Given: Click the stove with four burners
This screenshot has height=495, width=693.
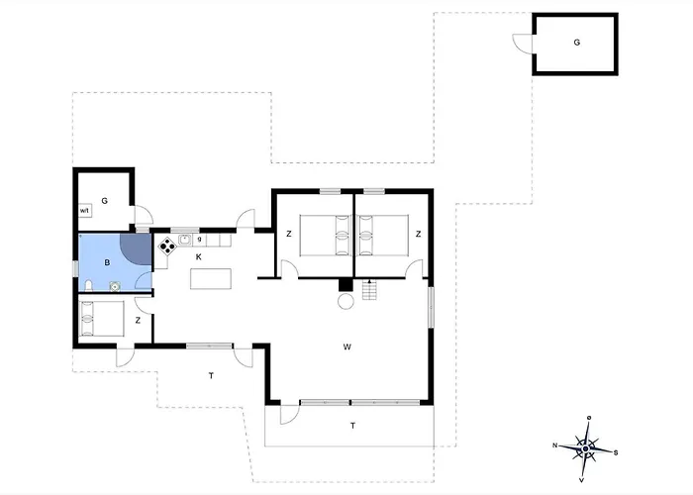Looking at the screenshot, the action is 167,247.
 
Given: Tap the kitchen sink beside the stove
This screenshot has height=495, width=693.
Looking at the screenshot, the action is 185,240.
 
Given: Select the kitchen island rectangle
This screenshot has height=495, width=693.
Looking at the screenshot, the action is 211,279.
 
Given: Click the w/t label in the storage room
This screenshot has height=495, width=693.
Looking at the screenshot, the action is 84,211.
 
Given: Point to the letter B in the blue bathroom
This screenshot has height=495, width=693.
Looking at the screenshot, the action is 107,263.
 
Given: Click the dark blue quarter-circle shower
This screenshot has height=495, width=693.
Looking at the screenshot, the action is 139,247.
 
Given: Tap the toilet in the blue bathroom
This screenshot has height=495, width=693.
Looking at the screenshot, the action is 88,285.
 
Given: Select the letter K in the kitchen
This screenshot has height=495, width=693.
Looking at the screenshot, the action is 199,256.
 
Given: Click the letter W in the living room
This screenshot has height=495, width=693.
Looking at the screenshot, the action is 346,346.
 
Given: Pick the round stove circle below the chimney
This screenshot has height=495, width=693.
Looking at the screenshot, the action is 346,302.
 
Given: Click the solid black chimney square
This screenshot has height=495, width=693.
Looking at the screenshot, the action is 346,285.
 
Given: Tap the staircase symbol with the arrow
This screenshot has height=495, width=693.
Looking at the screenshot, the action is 369,289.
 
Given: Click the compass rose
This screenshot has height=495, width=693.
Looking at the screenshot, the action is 586,449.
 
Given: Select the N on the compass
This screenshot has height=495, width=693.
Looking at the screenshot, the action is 555,445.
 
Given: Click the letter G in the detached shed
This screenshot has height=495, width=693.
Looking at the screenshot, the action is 577,43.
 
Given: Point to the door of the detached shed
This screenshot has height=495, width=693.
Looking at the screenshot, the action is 523,44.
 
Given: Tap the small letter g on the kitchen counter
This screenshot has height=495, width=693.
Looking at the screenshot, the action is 199,240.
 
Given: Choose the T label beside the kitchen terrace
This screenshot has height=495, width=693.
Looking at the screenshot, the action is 211,375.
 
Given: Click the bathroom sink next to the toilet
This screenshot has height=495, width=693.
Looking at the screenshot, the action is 115,286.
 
